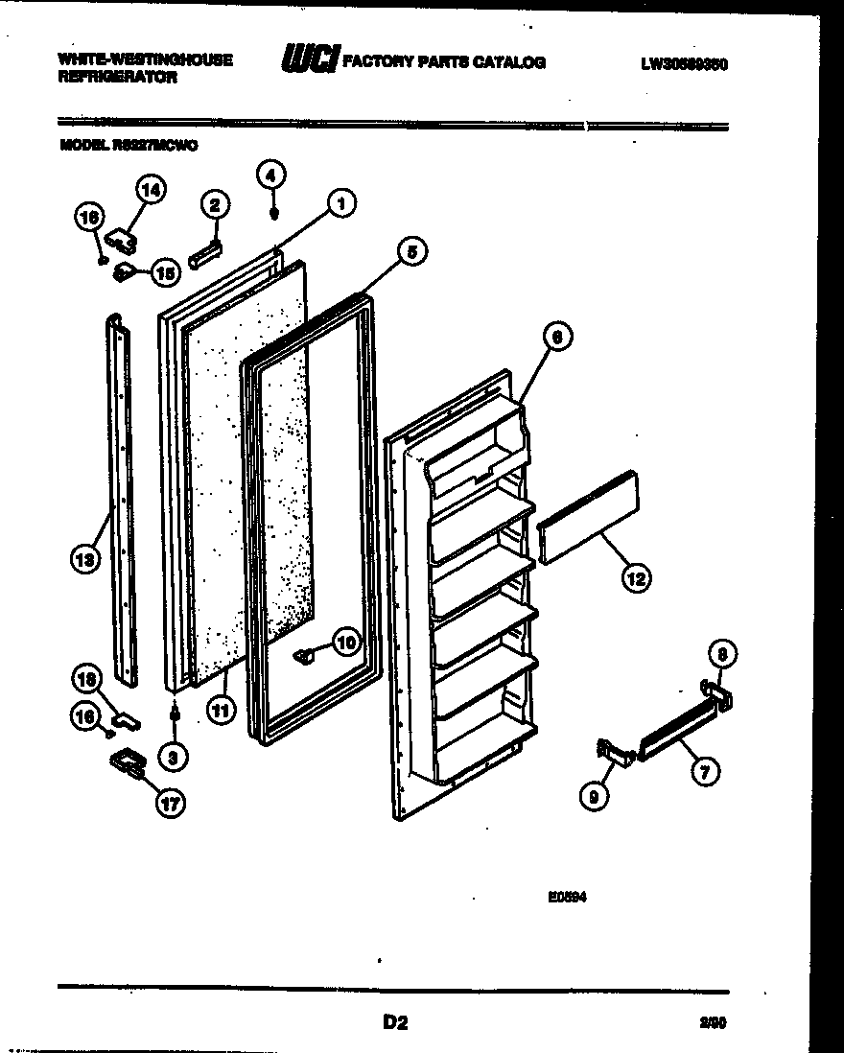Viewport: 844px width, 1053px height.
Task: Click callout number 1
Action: pyautogui.click(x=340, y=202)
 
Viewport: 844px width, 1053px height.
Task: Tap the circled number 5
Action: pyautogui.click(x=410, y=252)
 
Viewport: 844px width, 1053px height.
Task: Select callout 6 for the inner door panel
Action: pyautogui.click(x=556, y=336)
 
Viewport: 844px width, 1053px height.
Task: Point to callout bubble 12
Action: pyautogui.click(x=636, y=577)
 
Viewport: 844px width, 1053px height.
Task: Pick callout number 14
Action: pyautogui.click(x=150, y=190)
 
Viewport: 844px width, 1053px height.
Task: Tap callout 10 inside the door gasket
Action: pyautogui.click(x=344, y=641)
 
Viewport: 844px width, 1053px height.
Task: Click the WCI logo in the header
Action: pyautogui.click(x=309, y=62)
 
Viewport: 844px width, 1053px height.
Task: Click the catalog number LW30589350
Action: pyautogui.click(x=684, y=64)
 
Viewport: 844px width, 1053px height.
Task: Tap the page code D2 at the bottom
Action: pyautogui.click(x=395, y=1023)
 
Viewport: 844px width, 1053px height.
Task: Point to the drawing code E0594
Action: pyautogui.click(x=567, y=898)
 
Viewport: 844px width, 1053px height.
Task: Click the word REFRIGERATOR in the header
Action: pyautogui.click(x=118, y=78)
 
